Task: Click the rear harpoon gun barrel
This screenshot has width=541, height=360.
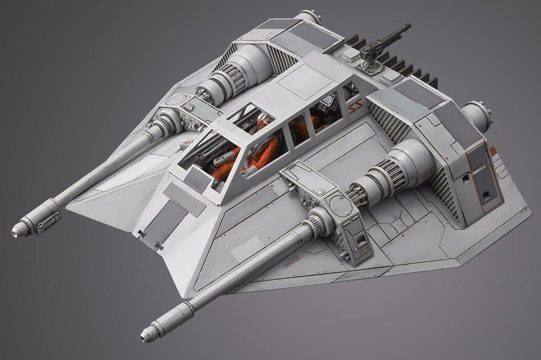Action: pyautogui.click(x=394, y=34)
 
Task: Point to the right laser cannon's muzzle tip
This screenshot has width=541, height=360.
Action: pyautogui.click(x=145, y=333)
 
